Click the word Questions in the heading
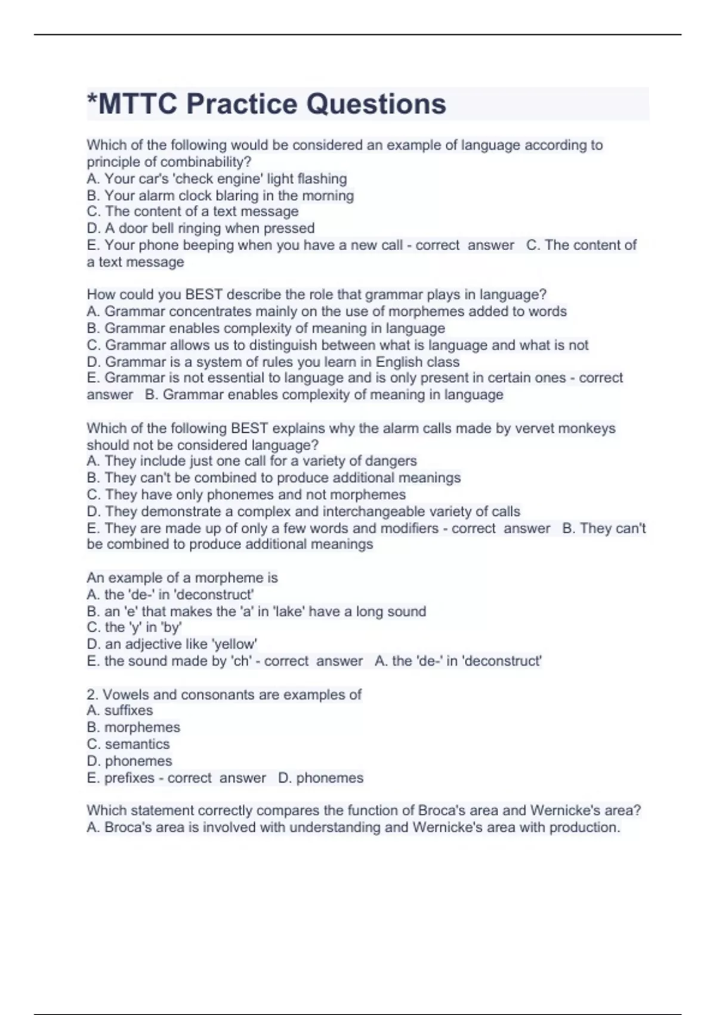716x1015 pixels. pyautogui.click(x=376, y=104)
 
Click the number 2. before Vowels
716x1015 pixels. pyautogui.click(x=92, y=694)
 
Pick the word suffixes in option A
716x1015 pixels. pyautogui.click(x=128, y=710)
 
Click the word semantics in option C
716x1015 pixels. pyautogui.click(x=137, y=744)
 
